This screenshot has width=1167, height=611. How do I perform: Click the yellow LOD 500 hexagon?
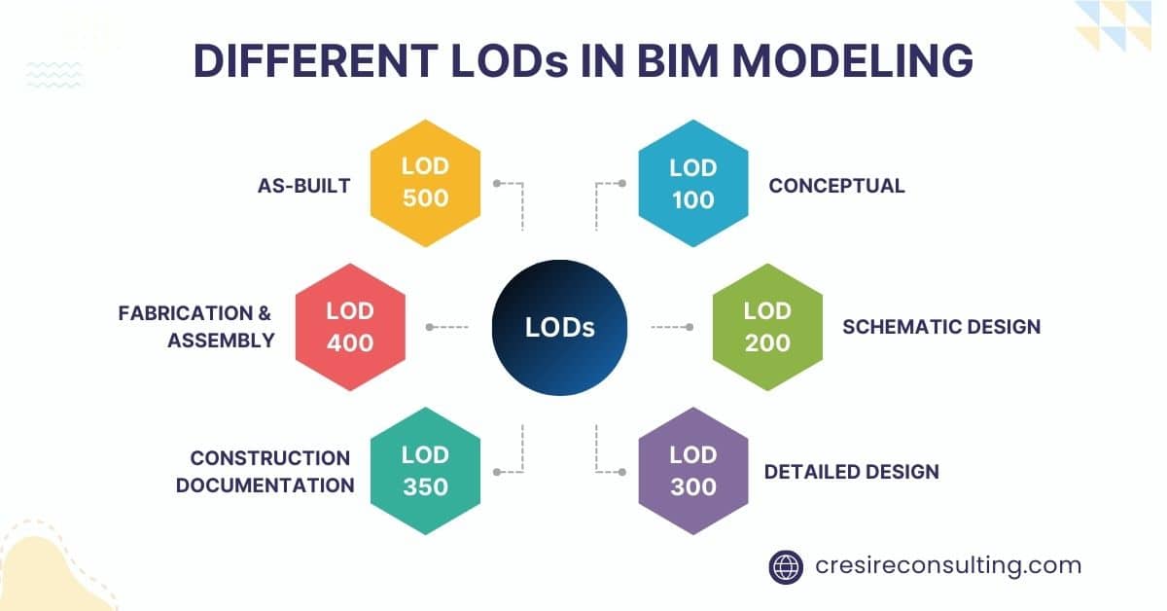[x=425, y=183]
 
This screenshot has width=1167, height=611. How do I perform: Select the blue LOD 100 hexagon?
[x=692, y=183]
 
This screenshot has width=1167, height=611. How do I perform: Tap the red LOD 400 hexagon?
[x=350, y=327]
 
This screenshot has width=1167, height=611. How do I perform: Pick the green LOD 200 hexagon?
[x=767, y=327]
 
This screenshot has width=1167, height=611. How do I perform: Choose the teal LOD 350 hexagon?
[x=425, y=470]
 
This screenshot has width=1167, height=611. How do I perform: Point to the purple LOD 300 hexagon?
[x=692, y=470]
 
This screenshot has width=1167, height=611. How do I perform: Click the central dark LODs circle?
[x=559, y=328]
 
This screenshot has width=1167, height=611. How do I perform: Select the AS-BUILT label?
[x=304, y=185]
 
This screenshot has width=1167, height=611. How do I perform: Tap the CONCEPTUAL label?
[x=836, y=185]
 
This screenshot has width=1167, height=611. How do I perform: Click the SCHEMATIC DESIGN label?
[x=940, y=327]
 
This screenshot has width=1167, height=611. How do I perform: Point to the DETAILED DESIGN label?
[x=851, y=472]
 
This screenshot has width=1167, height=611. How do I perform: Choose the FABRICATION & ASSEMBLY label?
[x=195, y=327]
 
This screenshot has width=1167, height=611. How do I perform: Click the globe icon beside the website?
[x=786, y=565]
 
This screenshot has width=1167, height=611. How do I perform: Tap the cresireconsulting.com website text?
[x=947, y=565]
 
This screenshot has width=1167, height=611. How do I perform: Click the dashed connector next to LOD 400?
[x=447, y=327]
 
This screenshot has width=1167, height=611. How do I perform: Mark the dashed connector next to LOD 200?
[x=671, y=327]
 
